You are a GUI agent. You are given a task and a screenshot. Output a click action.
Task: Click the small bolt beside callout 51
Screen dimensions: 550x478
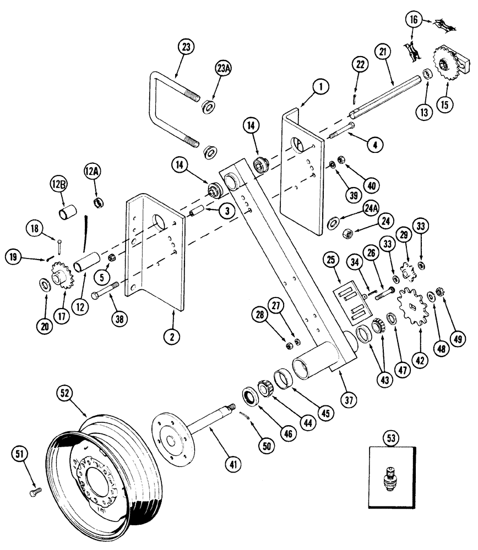coord(36,490)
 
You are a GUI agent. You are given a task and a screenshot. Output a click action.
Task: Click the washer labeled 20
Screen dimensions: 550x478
coord(42,285)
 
